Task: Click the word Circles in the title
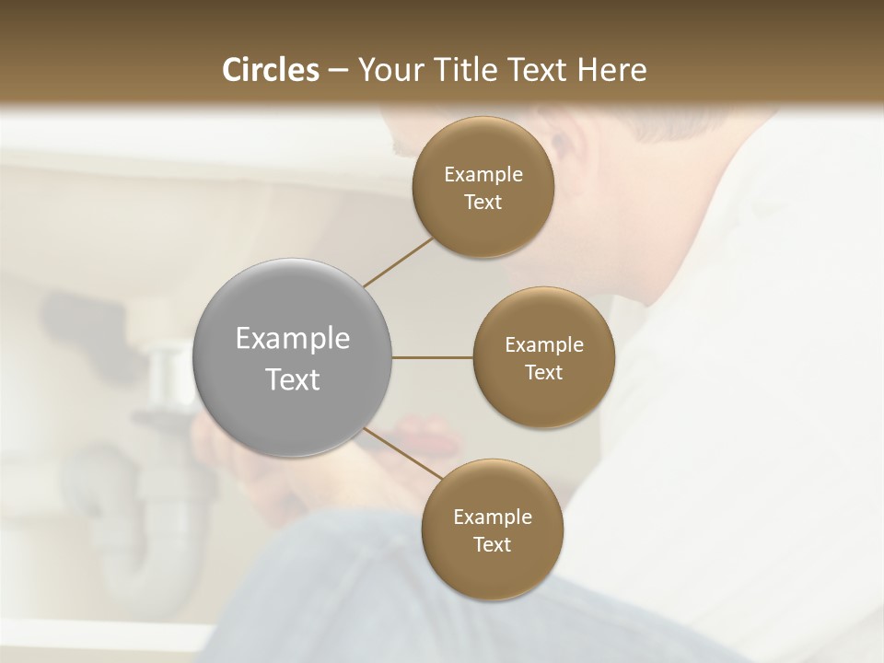[271, 70]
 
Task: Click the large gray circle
[292, 357]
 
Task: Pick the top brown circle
[483, 188]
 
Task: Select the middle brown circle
[543, 357]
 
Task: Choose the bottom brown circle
[492, 530]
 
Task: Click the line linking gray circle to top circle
[398, 262]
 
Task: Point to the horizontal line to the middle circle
[432, 357]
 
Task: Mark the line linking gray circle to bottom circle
[403, 454]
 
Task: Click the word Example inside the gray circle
[292, 338]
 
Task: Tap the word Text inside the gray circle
[292, 378]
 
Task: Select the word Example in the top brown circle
[483, 174]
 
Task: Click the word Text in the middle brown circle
[543, 372]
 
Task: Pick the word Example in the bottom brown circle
[492, 517]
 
